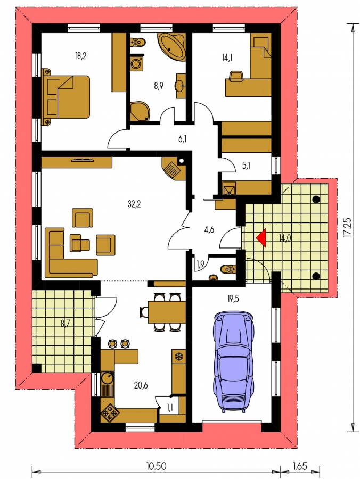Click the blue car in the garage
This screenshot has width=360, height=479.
click(x=234, y=362)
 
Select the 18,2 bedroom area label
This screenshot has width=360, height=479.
click(x=80, y=56)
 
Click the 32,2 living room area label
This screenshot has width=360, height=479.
click(x=134, y=204)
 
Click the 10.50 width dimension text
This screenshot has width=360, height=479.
click(x=156, y=466)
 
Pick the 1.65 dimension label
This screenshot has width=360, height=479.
click(x=300, y=466)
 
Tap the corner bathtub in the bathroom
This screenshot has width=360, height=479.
click(x=172, y=46)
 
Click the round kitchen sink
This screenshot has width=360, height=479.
click(x=108, y=378)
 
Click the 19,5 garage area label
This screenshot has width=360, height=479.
click(x=233, y=299)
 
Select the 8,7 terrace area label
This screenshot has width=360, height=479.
click(x=65, y=323)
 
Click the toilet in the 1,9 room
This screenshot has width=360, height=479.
click(x=228, y=269)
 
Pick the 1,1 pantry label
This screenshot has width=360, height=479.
click(x=170, y=408)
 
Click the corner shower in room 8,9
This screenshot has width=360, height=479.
click(x=140, y=111)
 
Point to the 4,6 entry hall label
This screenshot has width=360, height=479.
click(x=209, y=230)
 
